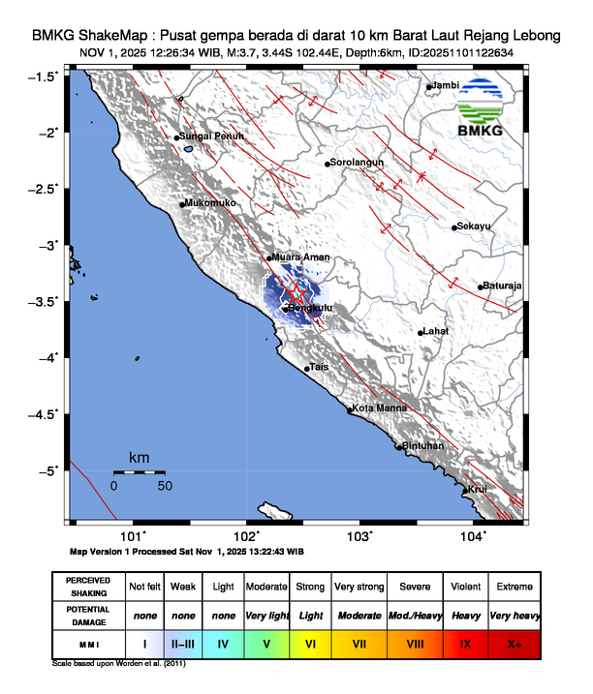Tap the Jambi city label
pos(445,86)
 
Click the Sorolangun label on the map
pos(358,163)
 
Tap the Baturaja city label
pos(503,286)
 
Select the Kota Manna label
pos(377,409)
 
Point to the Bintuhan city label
pos(422,446)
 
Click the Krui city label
pos(477,490)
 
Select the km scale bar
pos(139,471)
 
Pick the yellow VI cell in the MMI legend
pos(310,644)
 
